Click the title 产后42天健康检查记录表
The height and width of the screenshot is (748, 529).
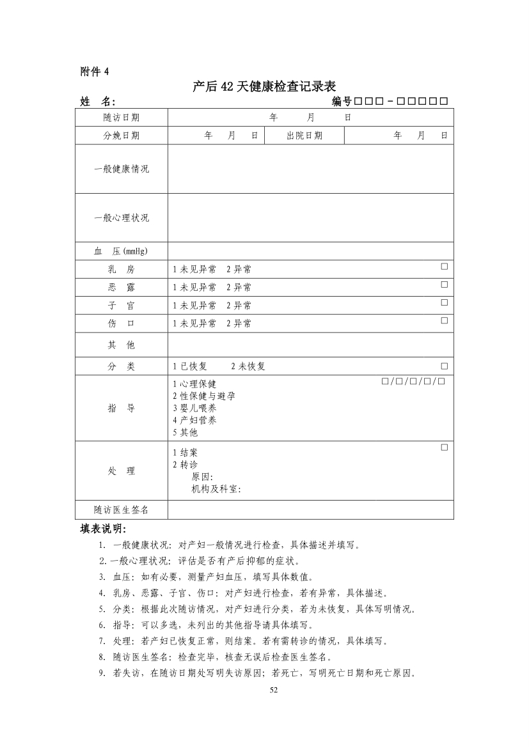264,86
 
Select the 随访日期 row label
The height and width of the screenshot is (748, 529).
122,118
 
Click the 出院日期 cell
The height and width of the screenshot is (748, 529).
304,136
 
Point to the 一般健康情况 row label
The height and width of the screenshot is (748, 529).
122,169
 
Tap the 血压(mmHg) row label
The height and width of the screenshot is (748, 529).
122,251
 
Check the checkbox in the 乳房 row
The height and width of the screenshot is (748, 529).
444,266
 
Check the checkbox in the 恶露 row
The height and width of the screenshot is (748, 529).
444,284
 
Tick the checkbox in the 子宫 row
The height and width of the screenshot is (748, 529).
444,302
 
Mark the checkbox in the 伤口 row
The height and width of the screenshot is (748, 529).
444,320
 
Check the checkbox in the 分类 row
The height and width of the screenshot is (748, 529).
444,366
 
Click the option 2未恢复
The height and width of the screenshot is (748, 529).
248,366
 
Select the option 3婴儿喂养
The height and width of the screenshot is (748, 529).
194,408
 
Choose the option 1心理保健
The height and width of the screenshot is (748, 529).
194,384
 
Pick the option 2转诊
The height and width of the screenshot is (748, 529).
186,464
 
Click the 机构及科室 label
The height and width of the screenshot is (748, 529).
216,489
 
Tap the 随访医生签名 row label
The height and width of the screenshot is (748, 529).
122,510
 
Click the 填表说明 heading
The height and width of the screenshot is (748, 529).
104,529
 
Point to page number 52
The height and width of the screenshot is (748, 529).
274,690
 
